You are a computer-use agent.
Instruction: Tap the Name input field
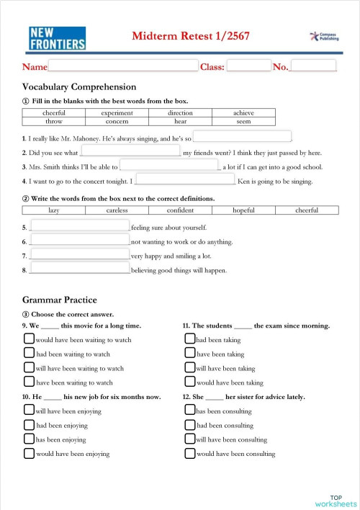[x=122, y=66]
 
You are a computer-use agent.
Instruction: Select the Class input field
[x=248, y=66]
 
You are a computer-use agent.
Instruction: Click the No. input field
[x=313, y=66]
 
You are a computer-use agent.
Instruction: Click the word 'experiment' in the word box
[x=117, y=113]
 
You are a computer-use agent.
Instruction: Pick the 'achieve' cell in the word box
[x=243, y=113]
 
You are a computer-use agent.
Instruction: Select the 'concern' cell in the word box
[x=117, y=122]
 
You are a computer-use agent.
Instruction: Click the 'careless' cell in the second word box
[x=117, y=210]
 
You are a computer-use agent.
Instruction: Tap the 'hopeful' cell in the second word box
[x=243, y=210]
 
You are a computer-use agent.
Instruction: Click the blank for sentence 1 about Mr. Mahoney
[x=242, y=137]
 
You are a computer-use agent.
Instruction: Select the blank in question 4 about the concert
[x=185, y=179]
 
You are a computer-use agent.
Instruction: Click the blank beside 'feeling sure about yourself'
[x=80, y=226]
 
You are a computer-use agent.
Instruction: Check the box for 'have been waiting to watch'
[x=29, y=382]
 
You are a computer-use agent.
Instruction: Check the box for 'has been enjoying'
[x=29, y=439]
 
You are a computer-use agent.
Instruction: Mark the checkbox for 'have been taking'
[x=190, y=353]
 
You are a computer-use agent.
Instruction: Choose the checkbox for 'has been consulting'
[x=190, y=411]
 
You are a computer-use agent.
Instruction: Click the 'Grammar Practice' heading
[x=60, y=300]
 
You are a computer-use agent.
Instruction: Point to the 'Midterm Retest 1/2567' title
[x=191, y=36]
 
